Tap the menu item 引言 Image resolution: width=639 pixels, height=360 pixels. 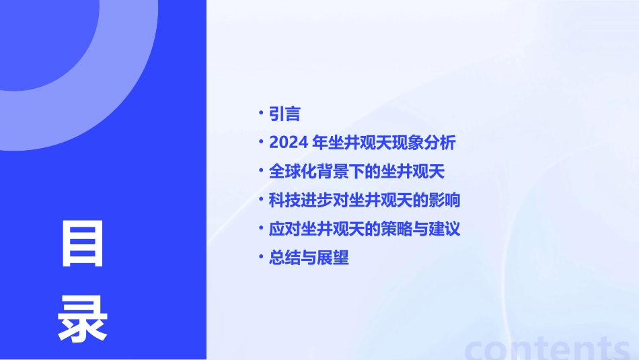[284, 114]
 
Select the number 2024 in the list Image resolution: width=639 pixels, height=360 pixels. [289, 143]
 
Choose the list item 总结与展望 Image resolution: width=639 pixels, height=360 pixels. [309, 258]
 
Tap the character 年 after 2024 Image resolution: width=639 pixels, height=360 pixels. [322, 143]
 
